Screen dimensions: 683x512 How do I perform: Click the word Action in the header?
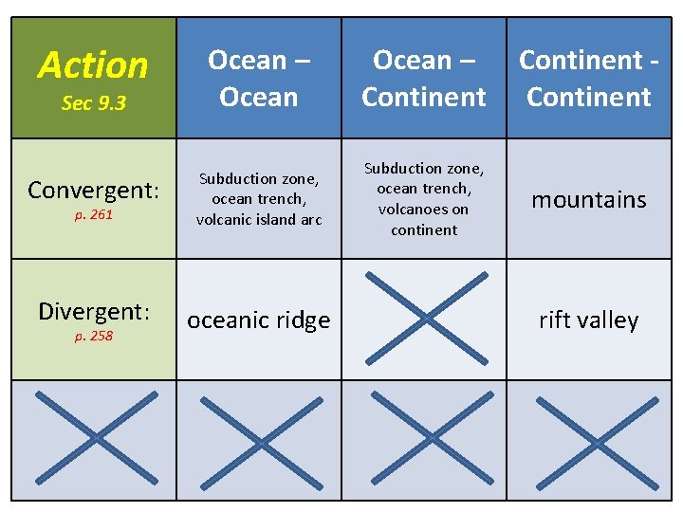(x=93, y=65)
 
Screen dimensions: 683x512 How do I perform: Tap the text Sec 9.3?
(x=93, y=103)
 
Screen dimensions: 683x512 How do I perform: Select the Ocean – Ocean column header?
(x=258, y=78)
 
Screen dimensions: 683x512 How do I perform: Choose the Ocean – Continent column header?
(x=424, y=78)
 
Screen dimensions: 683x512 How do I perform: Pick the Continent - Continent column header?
(x=589, y=78)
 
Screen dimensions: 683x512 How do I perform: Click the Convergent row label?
(x=93, y=191)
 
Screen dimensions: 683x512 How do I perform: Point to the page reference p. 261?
(x=93, y=215)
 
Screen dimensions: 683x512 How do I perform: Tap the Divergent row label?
(x=93, y=312)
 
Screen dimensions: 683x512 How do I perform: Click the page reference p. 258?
(x=93, y=336)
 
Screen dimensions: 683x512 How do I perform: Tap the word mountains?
(x=588, y=199)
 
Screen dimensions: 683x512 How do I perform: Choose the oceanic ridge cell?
(x=258, y=320)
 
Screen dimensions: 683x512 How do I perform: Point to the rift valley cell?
(x=588, y=320)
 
